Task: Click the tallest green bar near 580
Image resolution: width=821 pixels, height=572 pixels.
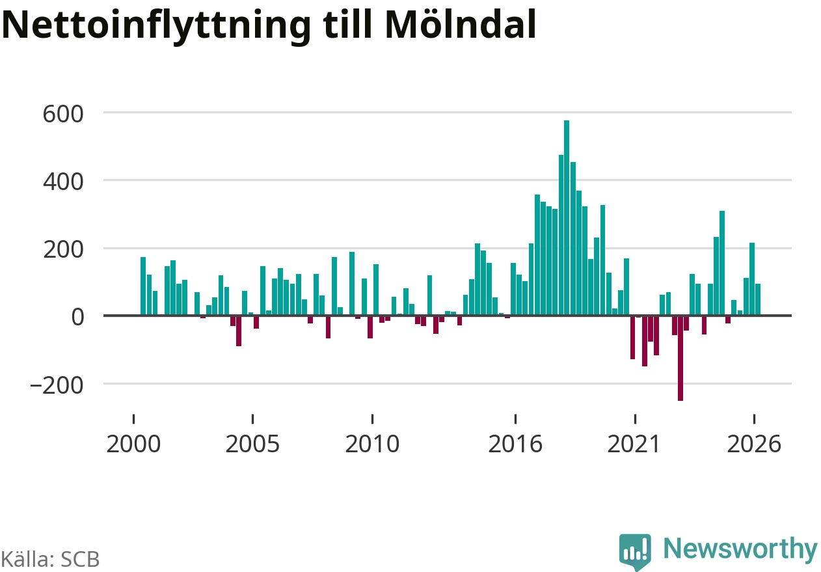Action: click(x=566, y=218)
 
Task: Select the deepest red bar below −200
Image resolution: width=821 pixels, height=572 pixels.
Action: click(x=680, y=358)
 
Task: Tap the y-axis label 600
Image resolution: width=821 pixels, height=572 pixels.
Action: click(x=63, y=114)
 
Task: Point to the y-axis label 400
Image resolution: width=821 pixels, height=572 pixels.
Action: click(x=63, y=182)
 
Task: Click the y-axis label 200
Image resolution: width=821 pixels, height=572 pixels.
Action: click(x=63, y=250)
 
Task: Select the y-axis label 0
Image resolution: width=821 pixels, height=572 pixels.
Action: click(x=77, y=317)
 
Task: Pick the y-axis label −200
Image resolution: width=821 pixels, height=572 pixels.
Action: click(x=57, y=385)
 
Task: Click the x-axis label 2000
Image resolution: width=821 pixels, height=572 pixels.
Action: click(x=133, y=444)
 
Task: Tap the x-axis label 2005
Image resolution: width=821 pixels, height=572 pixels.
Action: click(x=252, y=444)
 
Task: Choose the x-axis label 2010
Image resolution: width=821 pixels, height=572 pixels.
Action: click(x=372, y=444)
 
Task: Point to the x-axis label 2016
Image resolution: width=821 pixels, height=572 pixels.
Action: click(x=515, y=444)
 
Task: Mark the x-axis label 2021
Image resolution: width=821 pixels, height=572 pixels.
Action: click(x=634, y=444)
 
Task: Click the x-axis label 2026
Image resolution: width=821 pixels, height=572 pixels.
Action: click(x=754, y=444)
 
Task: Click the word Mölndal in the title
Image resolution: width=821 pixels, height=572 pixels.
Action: click(x=461, y=25)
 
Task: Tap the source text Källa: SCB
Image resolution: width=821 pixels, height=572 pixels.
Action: click(x=50, y=559)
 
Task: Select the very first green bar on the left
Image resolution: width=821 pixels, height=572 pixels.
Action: click(x=143, y=286)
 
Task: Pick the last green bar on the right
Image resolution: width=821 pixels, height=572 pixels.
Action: click(x=758, y=299)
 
